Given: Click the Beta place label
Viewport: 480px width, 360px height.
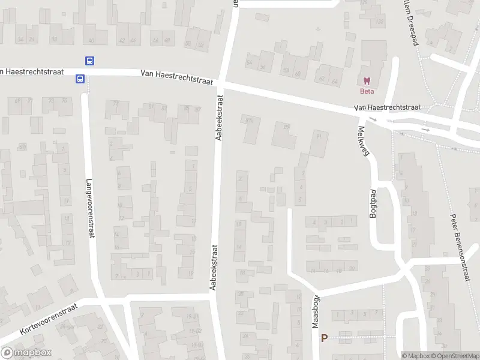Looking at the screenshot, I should tap(366, 91).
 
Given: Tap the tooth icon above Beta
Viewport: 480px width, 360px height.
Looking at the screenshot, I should tap(366, 81).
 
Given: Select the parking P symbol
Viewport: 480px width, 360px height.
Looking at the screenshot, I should tap(325, 338).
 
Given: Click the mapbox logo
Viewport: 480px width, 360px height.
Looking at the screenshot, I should tap(26, 353).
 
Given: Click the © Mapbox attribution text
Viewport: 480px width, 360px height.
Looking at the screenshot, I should tap(416, 356).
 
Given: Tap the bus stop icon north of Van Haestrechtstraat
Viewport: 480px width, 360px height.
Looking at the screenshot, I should tap(89, 61).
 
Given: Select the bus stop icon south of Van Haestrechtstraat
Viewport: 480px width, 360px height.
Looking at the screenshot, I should tap(79, 79).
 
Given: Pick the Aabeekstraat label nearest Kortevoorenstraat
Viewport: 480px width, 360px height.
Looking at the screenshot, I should tap(213, 268).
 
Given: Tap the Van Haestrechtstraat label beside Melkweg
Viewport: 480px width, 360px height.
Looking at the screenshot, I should tap(387, 107).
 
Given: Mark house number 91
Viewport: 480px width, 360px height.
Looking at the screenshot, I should tap(319, 136).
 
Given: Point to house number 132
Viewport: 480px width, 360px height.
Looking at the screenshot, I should tap(379, 22).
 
